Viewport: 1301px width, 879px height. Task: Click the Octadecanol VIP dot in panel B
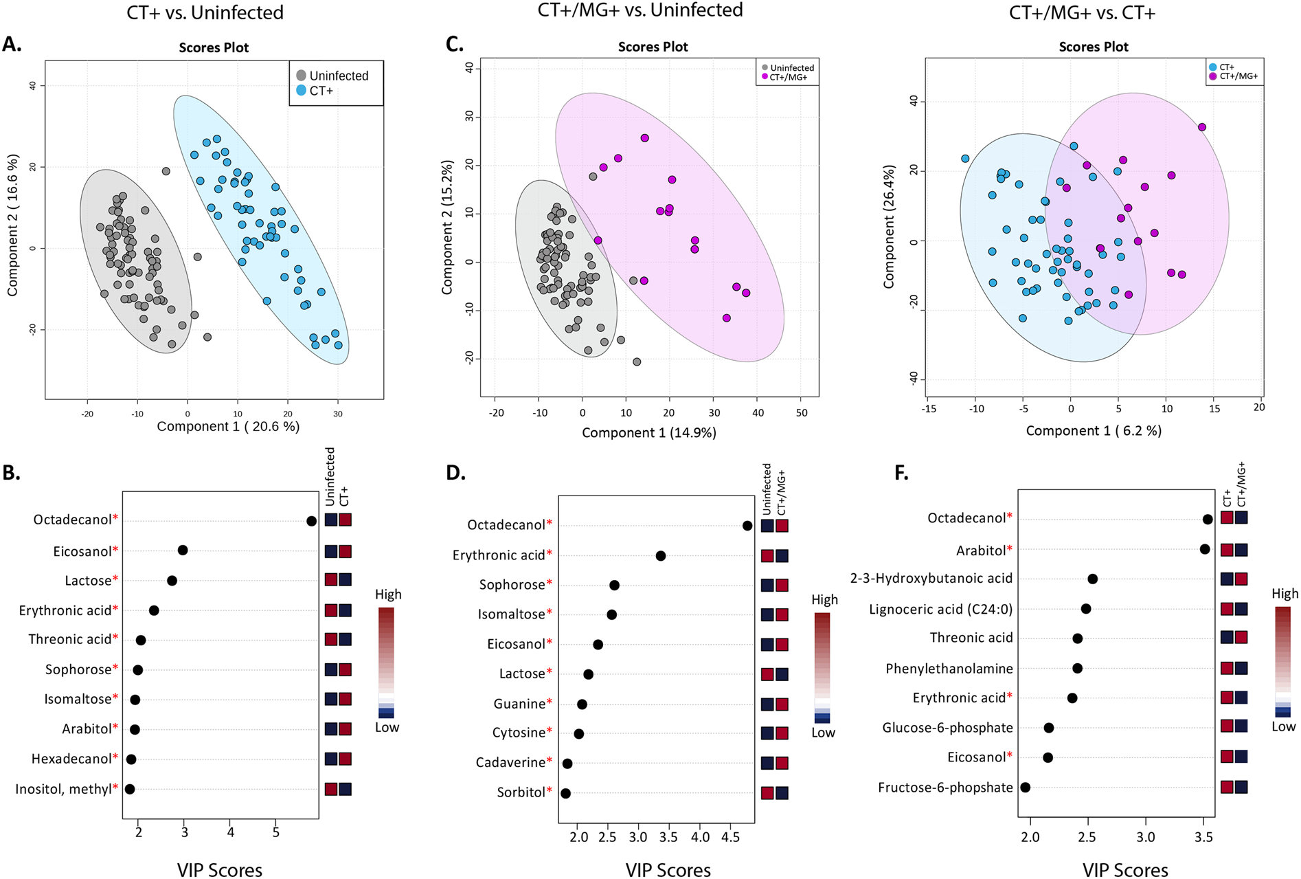click(x=311, y=521)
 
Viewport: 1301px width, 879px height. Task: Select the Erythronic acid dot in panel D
click(x=661, y=556)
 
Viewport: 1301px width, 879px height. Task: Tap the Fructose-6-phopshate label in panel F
click(x=944, y=788)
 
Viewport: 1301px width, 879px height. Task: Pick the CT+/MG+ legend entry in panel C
click(x=788, y=78)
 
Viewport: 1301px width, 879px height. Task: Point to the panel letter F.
click(x=901, y=473)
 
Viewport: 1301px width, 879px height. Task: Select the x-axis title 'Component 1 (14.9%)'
click(x=648, y=432)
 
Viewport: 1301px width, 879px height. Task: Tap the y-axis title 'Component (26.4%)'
click(x=890, y=226)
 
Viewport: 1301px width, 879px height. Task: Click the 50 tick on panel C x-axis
click(x=801, y=413)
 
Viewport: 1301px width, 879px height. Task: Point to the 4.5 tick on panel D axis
click(x=731, y=838)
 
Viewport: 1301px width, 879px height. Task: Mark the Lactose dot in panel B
click(x=172, y=581)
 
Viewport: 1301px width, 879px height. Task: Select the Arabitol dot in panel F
click(x=1204, y=549)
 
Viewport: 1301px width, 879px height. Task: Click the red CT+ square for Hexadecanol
click(x=345, y=759)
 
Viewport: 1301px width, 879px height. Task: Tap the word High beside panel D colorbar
click(x=824, y=599)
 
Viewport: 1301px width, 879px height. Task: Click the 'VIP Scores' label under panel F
click(x=1124, y=870)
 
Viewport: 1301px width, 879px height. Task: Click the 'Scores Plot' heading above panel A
click(x=214, y=47)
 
